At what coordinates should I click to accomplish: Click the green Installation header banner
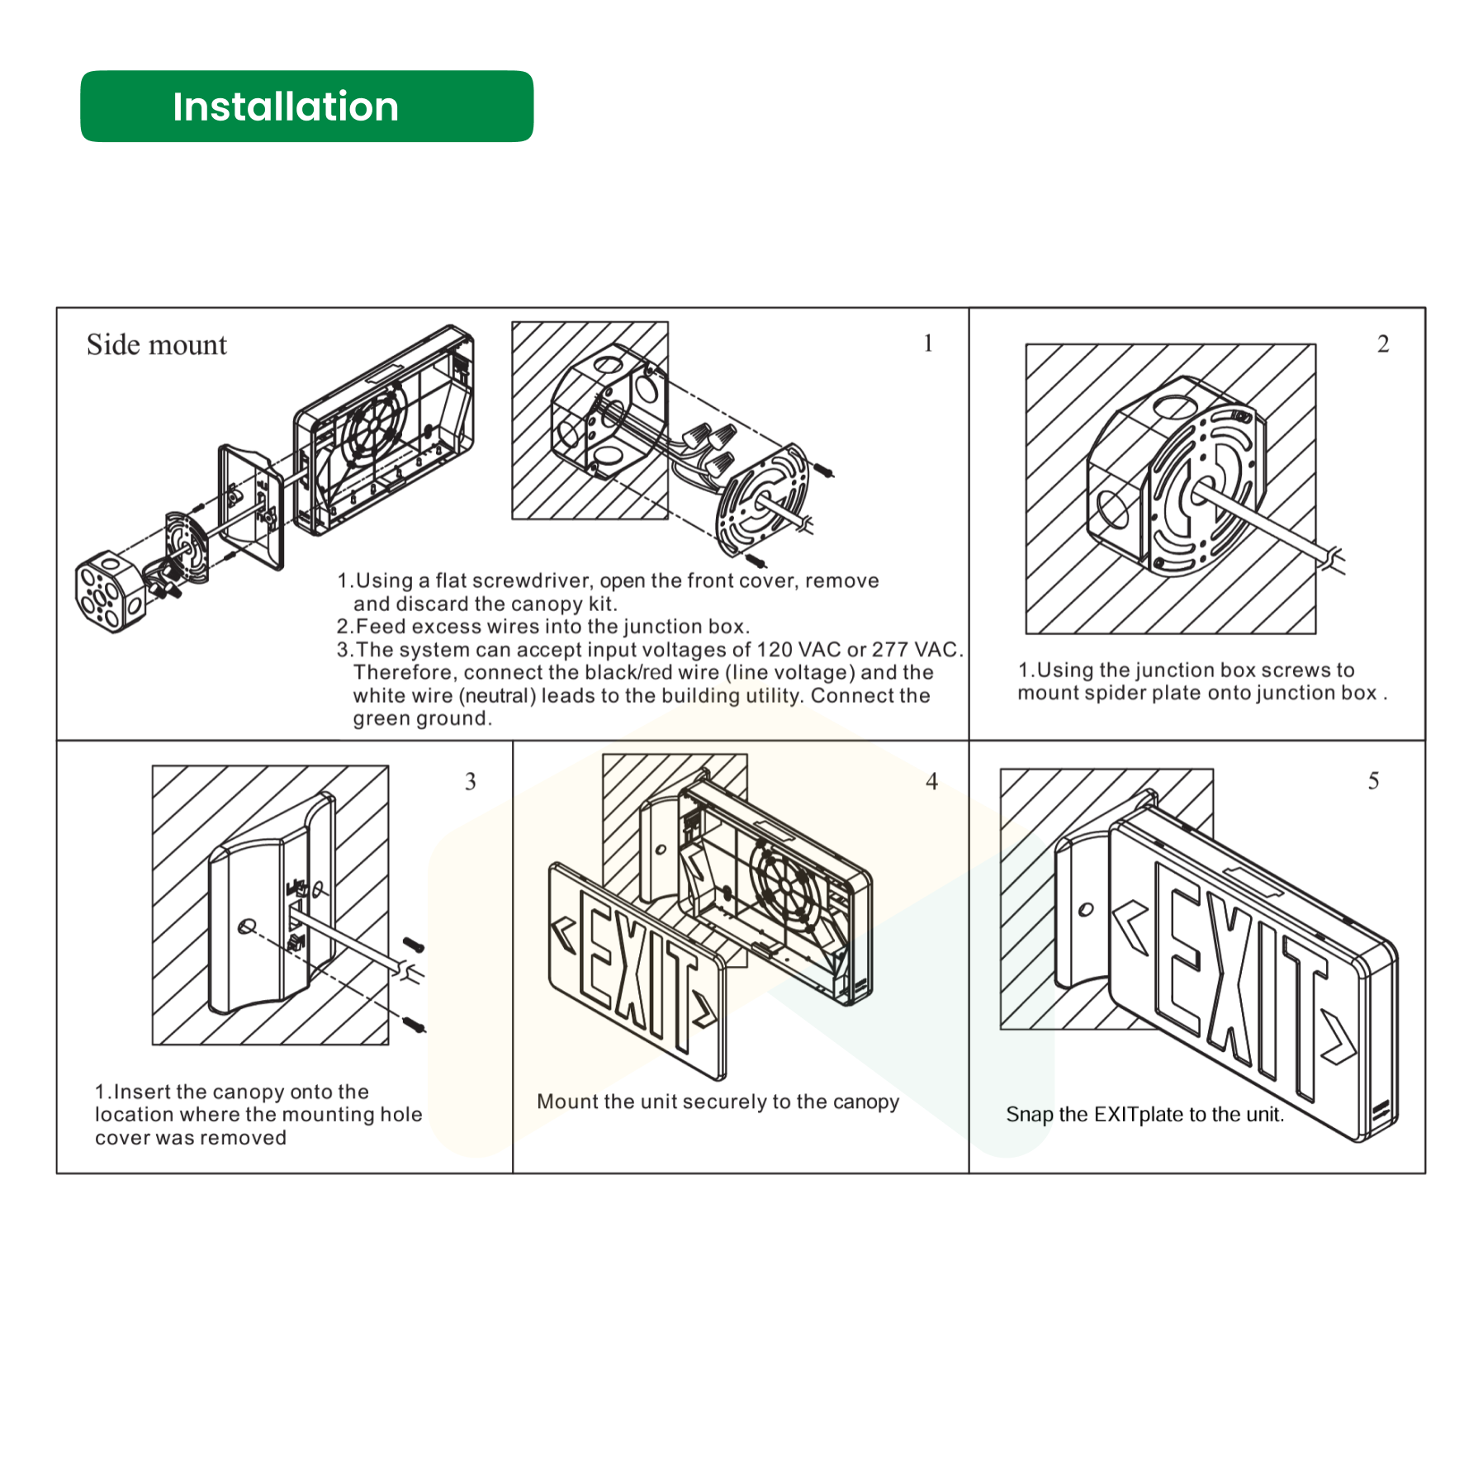click(306, 107)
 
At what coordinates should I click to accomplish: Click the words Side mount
click(156, 344)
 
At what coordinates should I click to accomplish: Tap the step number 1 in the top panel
click(928, 343)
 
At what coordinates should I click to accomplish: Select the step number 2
click(1383, 344)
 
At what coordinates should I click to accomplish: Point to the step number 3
click(470, 781)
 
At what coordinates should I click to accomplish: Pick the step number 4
click(931, 781)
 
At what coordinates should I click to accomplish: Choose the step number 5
click(1373, 780)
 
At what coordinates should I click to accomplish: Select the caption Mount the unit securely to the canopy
click(718, 1102)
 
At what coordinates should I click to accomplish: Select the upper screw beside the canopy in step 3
click(413, 945)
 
